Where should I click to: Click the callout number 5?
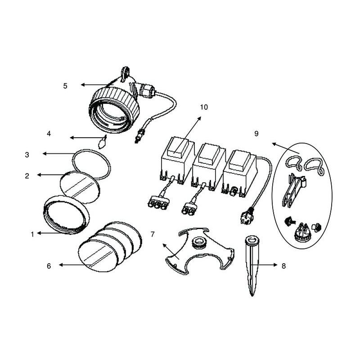(65, 86)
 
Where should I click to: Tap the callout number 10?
(204, 107)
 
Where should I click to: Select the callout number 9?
(256, 133)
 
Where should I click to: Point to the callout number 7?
(153, 234)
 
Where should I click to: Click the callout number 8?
(284, 266)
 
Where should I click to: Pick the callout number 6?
(49, 266)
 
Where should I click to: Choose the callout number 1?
(32, 234)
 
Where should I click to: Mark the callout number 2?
(27, 176)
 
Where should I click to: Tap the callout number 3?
(27, 155)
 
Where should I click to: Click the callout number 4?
(49, 133)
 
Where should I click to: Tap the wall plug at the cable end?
(246, 215)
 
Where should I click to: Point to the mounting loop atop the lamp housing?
(125, 73)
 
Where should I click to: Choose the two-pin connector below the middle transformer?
(189, 209)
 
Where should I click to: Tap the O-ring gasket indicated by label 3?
(92, 164)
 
